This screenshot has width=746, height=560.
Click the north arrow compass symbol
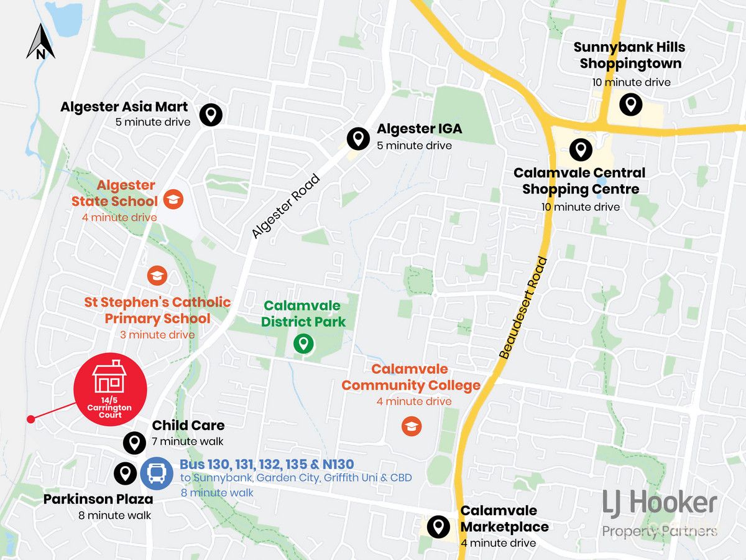pyautogui.click(x=40, y=42)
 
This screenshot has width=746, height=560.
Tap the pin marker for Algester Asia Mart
pyautogui.click(x=211, y=114)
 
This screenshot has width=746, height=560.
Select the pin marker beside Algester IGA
pyautogui.click(x=357, y=138)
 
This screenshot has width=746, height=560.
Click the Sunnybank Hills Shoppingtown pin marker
pyautogui.click(x=631, y=104)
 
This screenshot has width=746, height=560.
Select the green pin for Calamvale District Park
pyautogui.click(x=303, y=343)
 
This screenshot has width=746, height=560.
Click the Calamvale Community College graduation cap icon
pyautogui.click(x=412, y=426)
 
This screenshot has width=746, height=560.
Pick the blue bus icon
pyautogui.click(x=157, y=474)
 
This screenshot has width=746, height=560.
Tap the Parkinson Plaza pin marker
pyautogui.click(x=126, y=474)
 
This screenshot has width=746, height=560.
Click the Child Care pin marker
pyautogui.click(x=134, y=442)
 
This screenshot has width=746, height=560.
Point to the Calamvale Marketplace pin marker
pyautogui.click(x=440, y=527)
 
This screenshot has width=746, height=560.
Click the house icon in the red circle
pyautogui.click(x=110, y=376)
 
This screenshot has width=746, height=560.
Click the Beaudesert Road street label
pyautogui.click(x=523, y=307)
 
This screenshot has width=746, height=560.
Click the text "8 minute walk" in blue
pyautogui.click(x=217, y=493)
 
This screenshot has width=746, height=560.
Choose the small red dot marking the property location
pyautogui.click(x=30, y=419)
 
